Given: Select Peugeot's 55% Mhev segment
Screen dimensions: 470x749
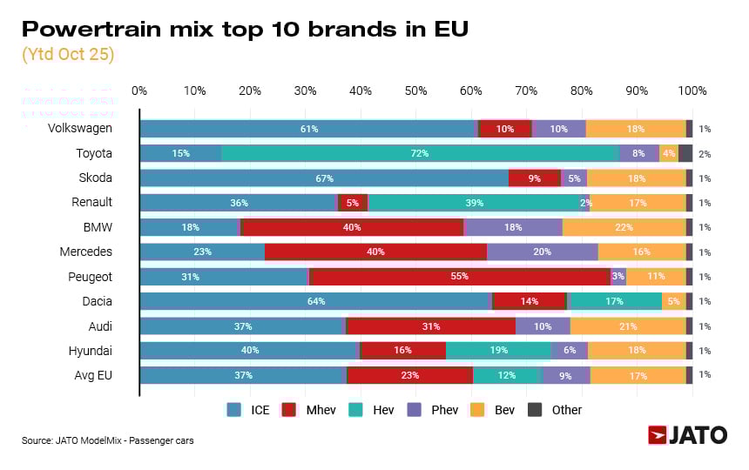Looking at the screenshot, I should (x=459, y=277).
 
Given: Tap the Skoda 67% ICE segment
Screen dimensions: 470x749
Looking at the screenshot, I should (x=324, y=178).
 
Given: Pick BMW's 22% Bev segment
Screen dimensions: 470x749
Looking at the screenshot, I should (x=624, y=227).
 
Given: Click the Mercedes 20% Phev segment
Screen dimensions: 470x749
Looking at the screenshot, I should (x=542, y=252).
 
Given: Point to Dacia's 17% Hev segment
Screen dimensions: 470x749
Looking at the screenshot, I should (x=614, y=301).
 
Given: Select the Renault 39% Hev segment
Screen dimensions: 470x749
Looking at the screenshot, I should (x=474, y=203).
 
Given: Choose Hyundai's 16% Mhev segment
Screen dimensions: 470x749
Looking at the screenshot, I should (x=402, y=351).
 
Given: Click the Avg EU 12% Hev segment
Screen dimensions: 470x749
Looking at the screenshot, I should (x=507, y=375).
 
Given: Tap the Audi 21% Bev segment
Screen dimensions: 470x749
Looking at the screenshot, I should (x=627, y=326).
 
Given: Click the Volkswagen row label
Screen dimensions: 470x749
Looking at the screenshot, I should (x=80, y=129).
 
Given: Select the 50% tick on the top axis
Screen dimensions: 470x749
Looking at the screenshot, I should (x=415, y=91).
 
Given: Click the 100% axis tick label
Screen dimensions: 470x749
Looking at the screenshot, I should (x=692, y=91).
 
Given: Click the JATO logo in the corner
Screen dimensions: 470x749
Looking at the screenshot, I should (x=687, y=435).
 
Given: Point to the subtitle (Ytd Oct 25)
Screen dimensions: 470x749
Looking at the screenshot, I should (x=68, y=54).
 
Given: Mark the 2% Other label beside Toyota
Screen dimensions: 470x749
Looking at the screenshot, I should (x=705, y=154).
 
